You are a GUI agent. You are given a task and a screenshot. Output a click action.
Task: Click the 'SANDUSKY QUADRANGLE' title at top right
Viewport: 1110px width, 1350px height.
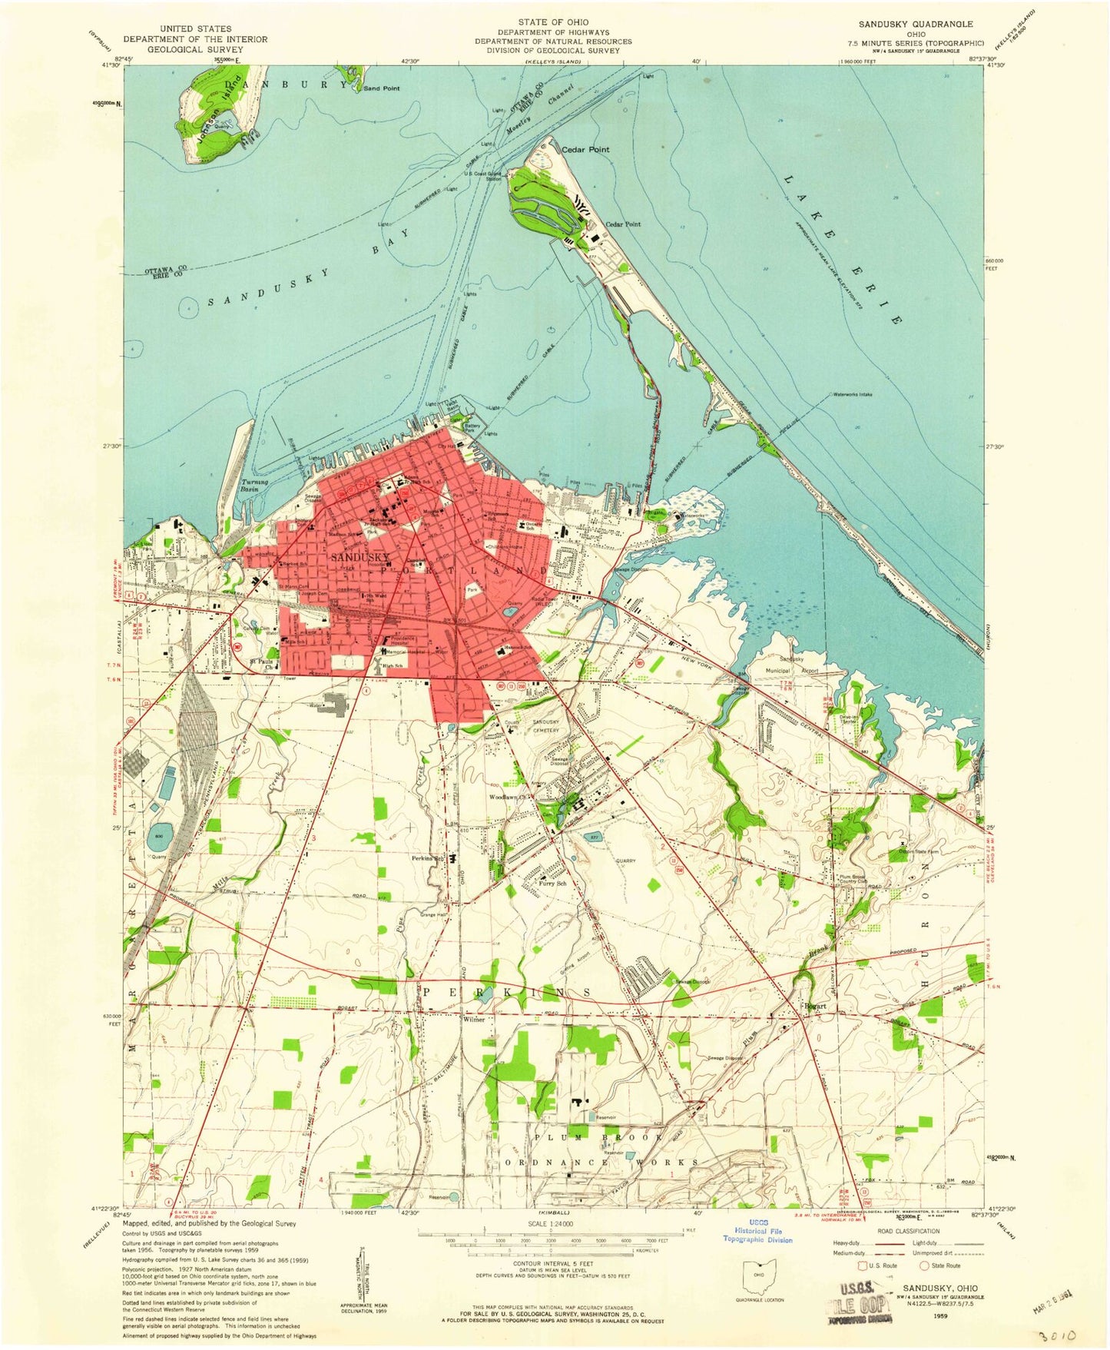905,25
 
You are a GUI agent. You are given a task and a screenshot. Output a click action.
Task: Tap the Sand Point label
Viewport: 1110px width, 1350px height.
382,88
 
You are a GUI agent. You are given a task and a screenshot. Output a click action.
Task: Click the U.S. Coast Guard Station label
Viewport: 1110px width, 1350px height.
483,176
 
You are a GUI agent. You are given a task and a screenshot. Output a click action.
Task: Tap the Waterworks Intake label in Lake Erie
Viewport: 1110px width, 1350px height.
852,395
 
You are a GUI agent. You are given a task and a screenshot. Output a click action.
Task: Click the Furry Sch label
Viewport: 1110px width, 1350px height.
552,884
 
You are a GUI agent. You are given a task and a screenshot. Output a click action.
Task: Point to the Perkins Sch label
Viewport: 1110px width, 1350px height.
428,858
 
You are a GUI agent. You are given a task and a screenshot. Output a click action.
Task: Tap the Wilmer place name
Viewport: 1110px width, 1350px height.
474,1020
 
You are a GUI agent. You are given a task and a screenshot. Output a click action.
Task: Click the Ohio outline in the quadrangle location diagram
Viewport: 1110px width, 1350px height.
759,1278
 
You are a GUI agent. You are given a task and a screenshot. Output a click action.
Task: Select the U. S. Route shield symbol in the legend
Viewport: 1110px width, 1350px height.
863,1265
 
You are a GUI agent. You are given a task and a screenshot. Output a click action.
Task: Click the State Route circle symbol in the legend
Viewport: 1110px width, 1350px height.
924,1265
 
